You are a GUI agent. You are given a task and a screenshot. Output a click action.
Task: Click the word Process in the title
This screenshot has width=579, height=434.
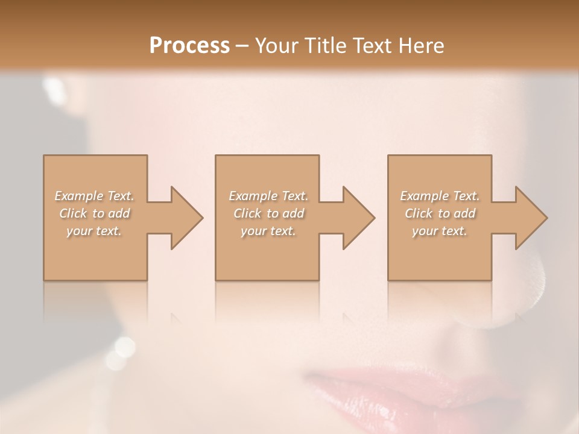[189, 46]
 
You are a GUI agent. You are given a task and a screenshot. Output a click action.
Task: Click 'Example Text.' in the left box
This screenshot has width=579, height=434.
[94, 196]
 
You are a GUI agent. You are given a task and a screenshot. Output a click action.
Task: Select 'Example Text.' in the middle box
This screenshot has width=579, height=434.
[268, 196]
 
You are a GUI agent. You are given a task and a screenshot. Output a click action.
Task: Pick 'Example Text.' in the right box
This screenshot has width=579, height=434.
[440, 196]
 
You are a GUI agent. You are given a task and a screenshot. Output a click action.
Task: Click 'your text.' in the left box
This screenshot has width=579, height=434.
[94, 231]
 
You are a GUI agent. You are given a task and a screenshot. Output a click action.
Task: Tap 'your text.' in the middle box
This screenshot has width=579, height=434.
[268, 231]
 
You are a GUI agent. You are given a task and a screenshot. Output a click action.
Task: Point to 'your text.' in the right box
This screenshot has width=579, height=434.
[440, 231]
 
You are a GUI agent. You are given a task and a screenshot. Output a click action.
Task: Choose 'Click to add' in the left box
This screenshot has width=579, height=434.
[95, 213]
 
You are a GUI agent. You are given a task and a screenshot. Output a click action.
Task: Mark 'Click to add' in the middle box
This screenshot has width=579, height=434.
[268, 213]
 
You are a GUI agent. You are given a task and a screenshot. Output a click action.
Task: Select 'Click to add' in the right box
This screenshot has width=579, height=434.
[440, 213]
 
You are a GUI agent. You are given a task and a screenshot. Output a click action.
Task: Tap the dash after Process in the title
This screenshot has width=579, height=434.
[242, 46]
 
